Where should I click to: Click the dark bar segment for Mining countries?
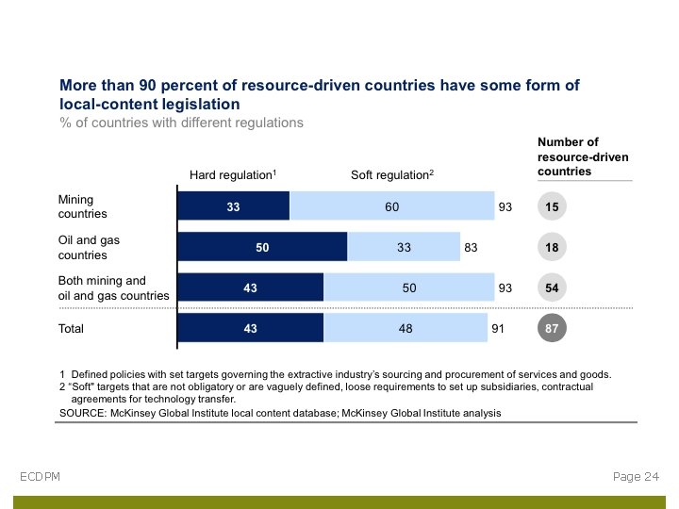coord(234,205)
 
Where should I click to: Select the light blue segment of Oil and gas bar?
coord(404,247)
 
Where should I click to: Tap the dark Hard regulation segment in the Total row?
coord(251,328)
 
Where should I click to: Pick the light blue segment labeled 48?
coord(406,328)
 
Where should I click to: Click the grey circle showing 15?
coord(552,206)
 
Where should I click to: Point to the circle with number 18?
coord(552,247)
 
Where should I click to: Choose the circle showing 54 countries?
coord(552,287)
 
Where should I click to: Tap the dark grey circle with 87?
coord(552,328)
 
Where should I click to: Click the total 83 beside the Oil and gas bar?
coord(471,248)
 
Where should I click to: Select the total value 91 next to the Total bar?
coord(498,329)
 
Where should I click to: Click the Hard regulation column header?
coord(233,175)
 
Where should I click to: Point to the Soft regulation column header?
coord(392,175)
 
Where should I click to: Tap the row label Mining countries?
coord(83,206)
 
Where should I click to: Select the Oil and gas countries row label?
coord(89,248)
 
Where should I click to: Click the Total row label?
coord(71,329)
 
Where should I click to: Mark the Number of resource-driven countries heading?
coord(583,156)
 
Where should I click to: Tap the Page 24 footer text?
coord(637,477)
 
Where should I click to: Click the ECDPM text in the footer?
coord(40,477)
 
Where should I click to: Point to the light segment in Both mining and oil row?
coord(408,287)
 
